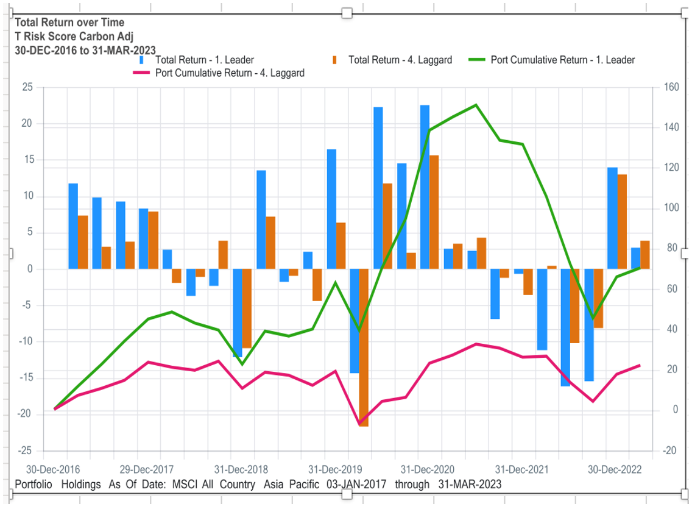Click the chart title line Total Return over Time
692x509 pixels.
(x=70, y=23)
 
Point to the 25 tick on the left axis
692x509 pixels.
(x=27, y=87)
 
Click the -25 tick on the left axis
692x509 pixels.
(x=25, y=450)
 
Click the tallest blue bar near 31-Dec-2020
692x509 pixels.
(x=425, y=186)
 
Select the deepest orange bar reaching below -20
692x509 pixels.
(x=364, y=347)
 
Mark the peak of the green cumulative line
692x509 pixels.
(x=476, y=105)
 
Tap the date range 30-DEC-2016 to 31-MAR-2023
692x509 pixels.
(x=85, y=50)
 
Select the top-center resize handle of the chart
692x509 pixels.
(x=347, y=13)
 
